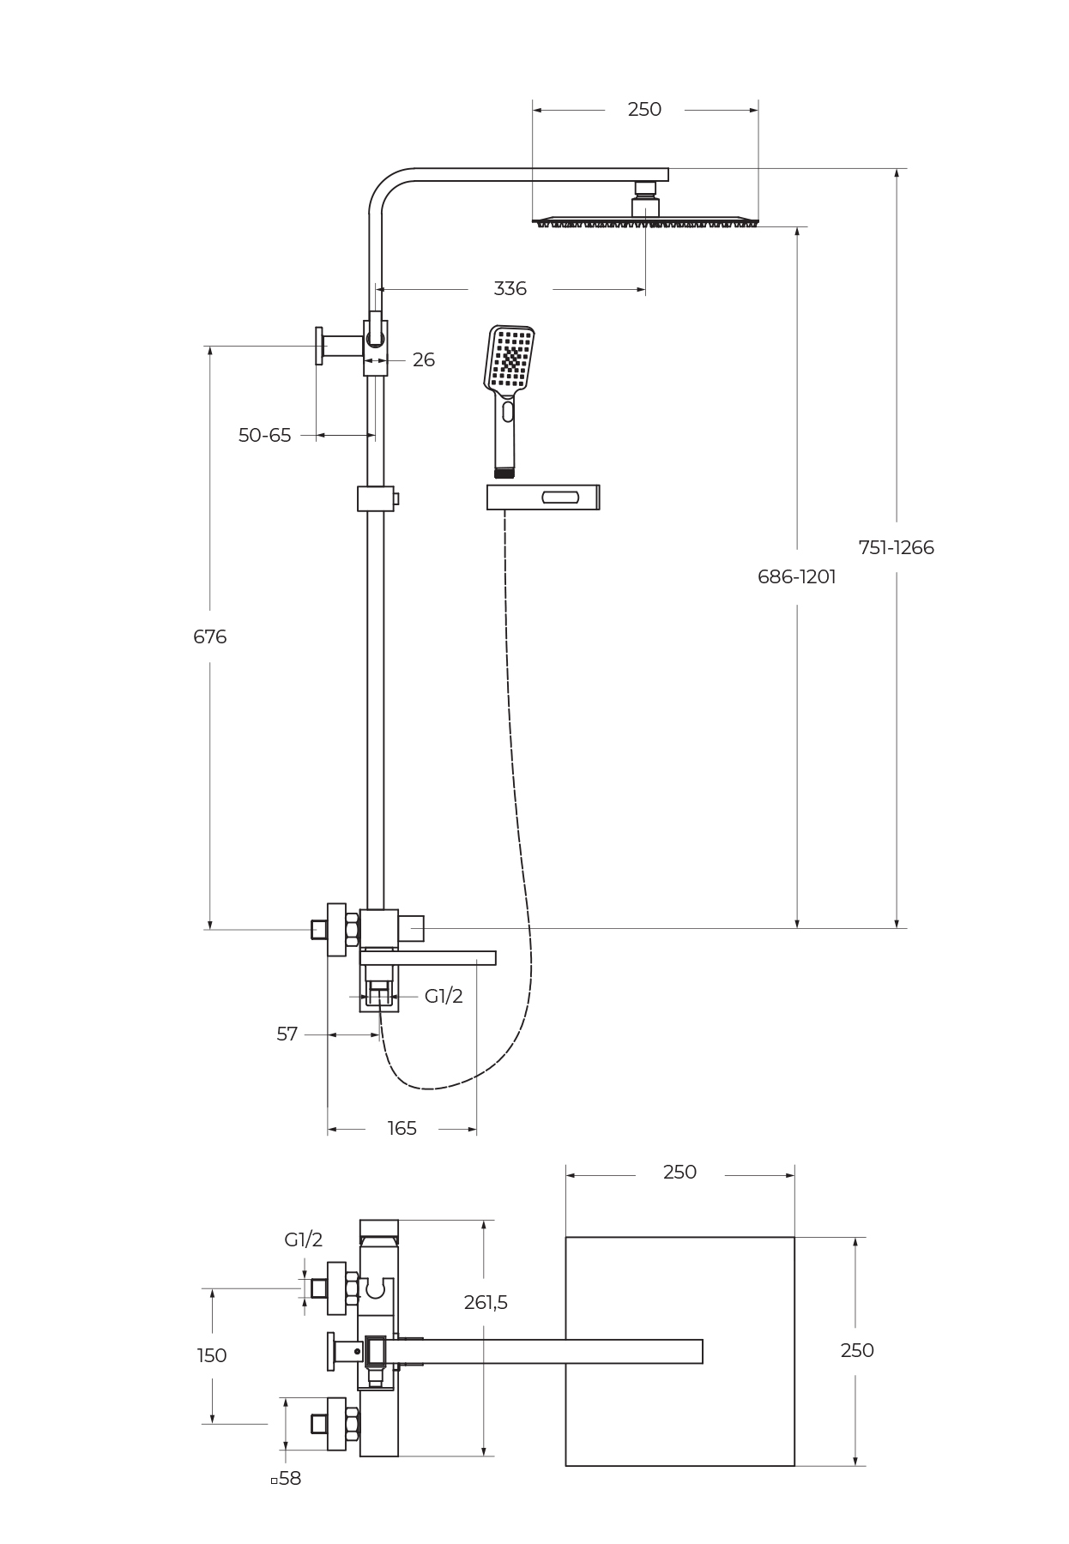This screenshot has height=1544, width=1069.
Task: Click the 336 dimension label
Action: click(510, 289)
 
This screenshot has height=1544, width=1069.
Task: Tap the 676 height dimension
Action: click(210, 636)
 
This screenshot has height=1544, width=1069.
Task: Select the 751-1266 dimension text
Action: click(896, 547)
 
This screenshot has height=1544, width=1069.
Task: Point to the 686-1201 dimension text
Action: click(796, 576)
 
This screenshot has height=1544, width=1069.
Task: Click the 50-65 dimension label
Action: click(264, 436)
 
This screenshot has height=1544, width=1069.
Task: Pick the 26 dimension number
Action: click(424, 360)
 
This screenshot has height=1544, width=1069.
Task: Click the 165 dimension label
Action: click(402, 1129)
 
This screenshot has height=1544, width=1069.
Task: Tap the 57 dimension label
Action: click(287, 1034)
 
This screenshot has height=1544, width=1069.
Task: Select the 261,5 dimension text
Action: click(486, 1302)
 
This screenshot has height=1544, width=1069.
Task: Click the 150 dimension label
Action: click(212, 1355)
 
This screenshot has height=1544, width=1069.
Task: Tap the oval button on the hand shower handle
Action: click(508, 412)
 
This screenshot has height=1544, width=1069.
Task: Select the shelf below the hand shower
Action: click(542, 497)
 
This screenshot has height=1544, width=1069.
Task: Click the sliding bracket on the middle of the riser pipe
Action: click(376, 498)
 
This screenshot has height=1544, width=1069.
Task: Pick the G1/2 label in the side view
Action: click(444, 996)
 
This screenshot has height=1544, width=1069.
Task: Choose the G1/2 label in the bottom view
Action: click(304, 1239)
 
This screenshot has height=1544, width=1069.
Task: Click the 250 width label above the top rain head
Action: click(644, 110)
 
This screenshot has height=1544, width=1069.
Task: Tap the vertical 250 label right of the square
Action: click(856, 1350)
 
